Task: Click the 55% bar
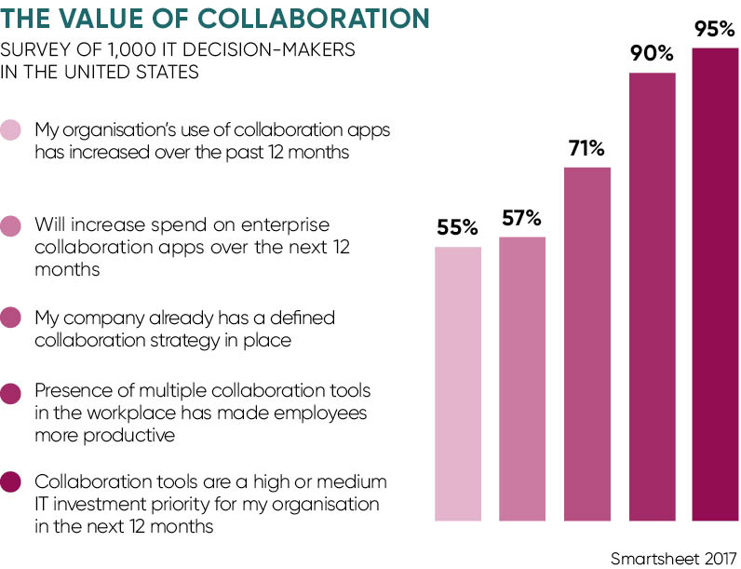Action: (458, 382)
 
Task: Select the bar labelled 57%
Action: (522, 377)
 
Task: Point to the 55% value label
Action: (458, 228)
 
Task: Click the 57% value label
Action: (522, 219)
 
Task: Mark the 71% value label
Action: (586, 149)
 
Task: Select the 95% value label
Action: (715, 30)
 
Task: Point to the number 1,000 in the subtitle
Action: (139, 48)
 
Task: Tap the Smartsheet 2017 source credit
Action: (673, 558)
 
